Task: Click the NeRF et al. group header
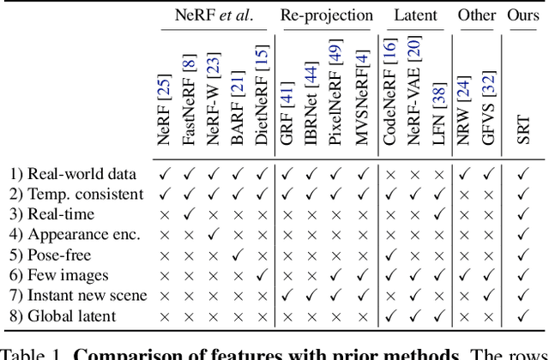tap(214, 15)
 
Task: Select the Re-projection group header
tap(327, 15)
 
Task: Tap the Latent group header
tap(416, 15)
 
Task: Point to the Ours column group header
tap(522, 15)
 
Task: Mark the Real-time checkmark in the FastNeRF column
tap(190, 214)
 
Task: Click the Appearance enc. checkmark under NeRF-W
tap(214, 234)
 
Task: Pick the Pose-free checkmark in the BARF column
tap(238, 255)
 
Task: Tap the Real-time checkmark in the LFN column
tap(439, 214)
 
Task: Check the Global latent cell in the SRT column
tap(522, 316)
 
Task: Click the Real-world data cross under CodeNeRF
tap(390, 173)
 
